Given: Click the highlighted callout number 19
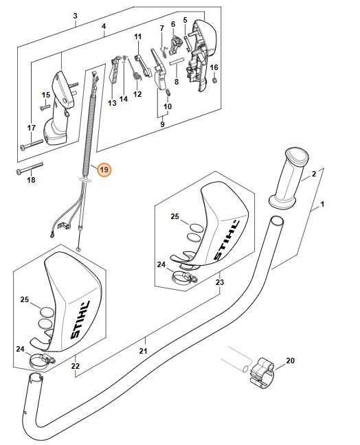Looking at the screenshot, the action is pyautogui.click(x=104, y=170).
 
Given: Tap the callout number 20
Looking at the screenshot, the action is pyautogui.click(x=290, y=361).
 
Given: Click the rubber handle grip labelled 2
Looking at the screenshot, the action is pyautogui.click(x=289, y=179).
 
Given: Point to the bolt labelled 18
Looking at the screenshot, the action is pyautogui.click(x=30, y=168).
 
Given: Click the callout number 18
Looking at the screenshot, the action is pyautogui.click(x=31, y=180).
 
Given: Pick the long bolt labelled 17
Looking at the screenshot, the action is pyautogui.click(x=31, y=144).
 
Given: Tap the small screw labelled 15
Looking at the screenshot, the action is pyautogui.click(x=45, y=107).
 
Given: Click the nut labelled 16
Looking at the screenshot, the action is pyautogui.click(x=215, y=80).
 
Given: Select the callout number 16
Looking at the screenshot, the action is pyautogui.click(x=214, y=67).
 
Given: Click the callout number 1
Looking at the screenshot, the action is pyautogui.click(x=322, y=204).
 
